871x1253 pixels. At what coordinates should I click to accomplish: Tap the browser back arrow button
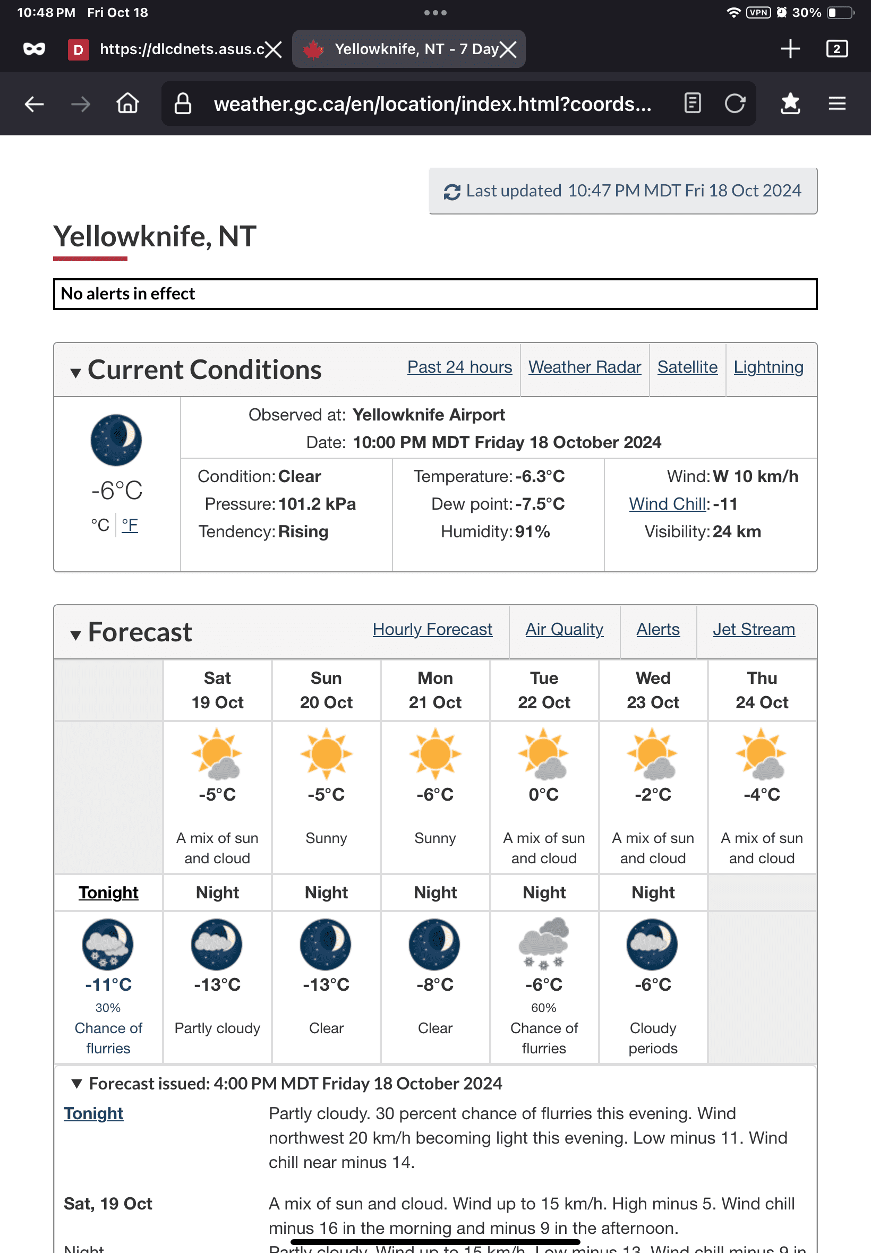[34, 104]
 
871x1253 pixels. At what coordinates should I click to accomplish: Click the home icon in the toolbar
[127, 104]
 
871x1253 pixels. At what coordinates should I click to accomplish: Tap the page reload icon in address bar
[735, 104]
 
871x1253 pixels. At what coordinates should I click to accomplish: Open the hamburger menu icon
[836, 104]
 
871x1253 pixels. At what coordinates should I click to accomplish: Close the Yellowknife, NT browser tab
[508, 49]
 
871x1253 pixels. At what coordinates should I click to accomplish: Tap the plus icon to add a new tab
[790, 49]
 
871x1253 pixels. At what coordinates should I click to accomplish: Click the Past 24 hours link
[459, 367]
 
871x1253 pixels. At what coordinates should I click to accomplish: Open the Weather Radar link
[585, 367]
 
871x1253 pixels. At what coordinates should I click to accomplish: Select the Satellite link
[687, 367]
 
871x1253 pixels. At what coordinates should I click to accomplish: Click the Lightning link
[768, 367]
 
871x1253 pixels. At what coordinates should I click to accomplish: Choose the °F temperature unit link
[130, 525]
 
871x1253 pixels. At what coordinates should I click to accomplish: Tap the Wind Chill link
[668, 504]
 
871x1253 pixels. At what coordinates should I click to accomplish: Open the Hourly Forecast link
[432, 630]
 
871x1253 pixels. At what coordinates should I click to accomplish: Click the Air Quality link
[565, 630]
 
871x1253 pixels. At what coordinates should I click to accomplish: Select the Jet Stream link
[754, 630]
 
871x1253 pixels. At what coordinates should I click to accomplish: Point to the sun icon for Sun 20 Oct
[326, 753]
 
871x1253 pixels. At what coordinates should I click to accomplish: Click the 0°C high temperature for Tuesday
[543, 795]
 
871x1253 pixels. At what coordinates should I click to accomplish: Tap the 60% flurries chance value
[543, 1008]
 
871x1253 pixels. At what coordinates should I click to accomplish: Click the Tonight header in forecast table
[108, 893]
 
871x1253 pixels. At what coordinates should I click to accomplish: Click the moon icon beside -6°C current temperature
[116, 440]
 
